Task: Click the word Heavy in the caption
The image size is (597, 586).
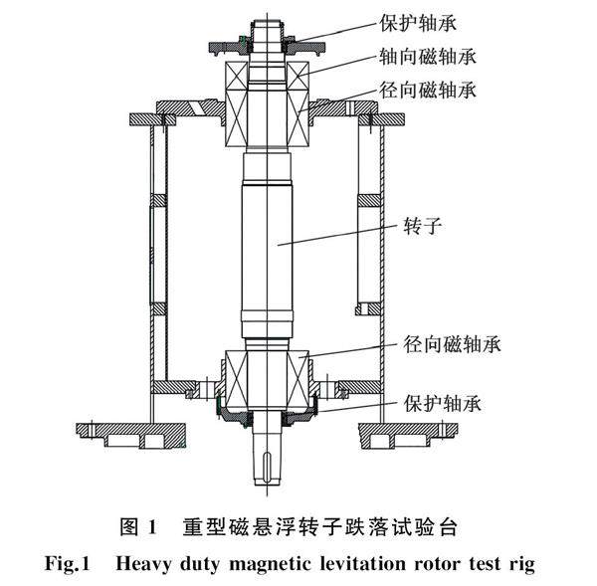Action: pyautogui.click(x=145, y=564)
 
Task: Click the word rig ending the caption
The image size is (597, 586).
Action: pyautogui.click(x=522, y=564)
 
